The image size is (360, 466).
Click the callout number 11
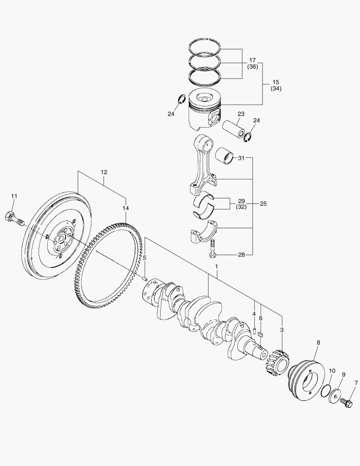[x=14, y=196]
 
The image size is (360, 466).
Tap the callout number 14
[x=125, y=208]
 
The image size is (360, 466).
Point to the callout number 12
[x=104, y=172]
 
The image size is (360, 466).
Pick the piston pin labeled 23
[x=234, y=128]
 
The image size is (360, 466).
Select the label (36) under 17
[x=253, y=67]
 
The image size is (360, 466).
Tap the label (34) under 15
[x=276, y=89]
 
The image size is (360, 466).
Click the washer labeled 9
[x=335, y=395]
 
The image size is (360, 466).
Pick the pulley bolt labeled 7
[x=346, y=403]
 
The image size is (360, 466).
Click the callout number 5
[x=145, y=258]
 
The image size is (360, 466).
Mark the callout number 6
[x=260, y=318]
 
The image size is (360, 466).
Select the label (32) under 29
[x=241, y=208]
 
